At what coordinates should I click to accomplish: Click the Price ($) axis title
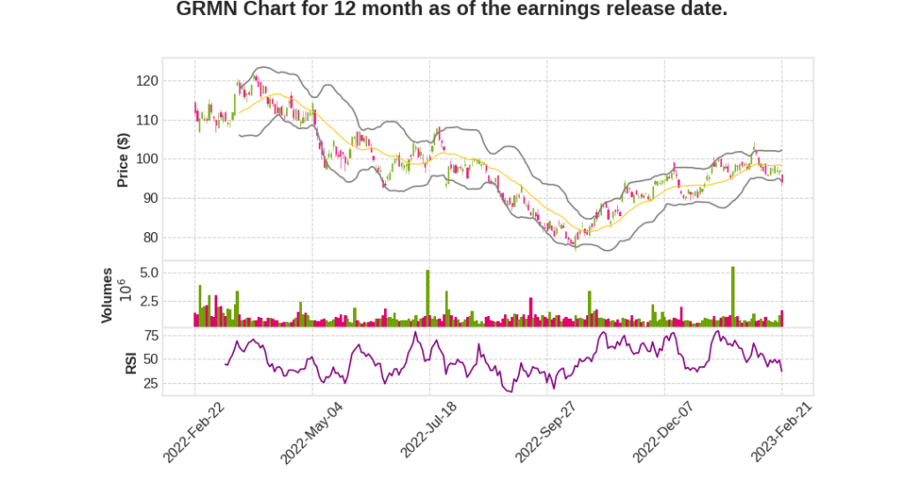[x=124, y=159]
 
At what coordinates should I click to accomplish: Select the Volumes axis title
[x=107, y=295]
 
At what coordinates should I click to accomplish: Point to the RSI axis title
[x=131, y=362]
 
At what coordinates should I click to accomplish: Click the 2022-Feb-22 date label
[x=194, y=432]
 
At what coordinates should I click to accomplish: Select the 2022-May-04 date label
[x=312, y=432]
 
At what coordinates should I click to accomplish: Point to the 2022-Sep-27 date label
[x=546, y=432]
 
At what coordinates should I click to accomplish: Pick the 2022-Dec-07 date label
[x=664, y=432]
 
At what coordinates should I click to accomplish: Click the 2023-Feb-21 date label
[x=781, y=430]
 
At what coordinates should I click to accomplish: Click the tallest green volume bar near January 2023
[x=733, y=297]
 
